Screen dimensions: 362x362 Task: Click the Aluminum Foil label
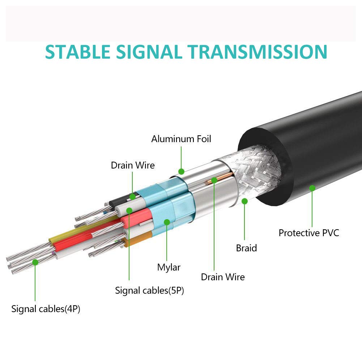click(181, 139)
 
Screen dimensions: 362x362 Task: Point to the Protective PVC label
click(309, 233)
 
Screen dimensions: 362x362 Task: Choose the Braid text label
click(246, 248)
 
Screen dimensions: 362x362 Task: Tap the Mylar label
click(169, 268)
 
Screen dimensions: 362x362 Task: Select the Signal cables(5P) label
click(149, 290)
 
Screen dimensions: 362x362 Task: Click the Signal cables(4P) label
click(46, 309)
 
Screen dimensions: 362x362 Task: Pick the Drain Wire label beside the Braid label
click(223, 277)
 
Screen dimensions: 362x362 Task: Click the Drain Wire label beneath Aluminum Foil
click(133, 166)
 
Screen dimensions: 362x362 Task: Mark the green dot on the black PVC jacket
click(312, 188)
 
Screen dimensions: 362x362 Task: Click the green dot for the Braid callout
click(245, 201)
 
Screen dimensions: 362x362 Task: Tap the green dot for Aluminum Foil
click(181, 171)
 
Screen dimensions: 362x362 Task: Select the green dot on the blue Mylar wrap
click(167, 222)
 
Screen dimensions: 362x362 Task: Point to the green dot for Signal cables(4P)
click(35, 262)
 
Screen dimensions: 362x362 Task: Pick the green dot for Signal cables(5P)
click(129, 210)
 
